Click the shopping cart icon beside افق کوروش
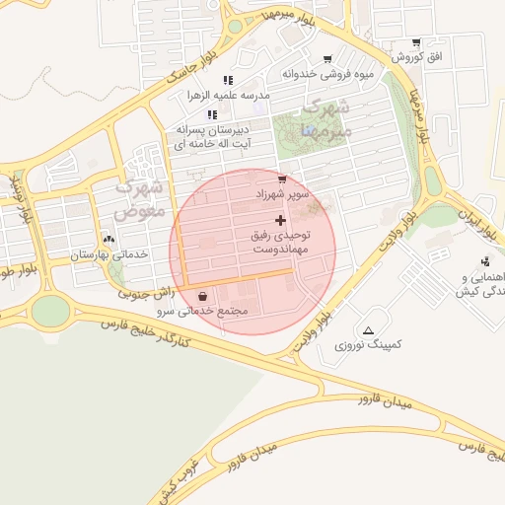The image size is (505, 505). pyautogui.click(x=415, y=43)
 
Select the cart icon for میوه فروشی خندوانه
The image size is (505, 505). pyautogui.click(x=327, y=59)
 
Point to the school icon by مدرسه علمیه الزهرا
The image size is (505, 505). pyautogui.click(x=227, y=80)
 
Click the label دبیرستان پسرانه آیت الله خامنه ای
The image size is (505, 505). pyautogui.click(x=213, y=136)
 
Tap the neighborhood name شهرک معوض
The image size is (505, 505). pyautogui.click(x=138, y=197)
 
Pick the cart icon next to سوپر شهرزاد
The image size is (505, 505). pyautogui.click(x=282, y=180)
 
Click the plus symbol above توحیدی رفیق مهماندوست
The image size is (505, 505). pyautogui.click(x=281, y=219)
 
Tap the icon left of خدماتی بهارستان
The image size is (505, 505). pyautogui.click(x=108, y=239)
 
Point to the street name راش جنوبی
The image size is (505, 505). pyautogui.click(x=148, y=292)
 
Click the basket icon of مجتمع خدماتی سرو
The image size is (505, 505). pyautogui.click(x=202, y=296)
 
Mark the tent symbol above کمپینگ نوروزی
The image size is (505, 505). pyautogui.click(x=369, y=330)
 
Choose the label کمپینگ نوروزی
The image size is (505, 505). pyautogui.click(x=368, y=346)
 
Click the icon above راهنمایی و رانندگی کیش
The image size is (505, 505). pyautogui.click(x=484, y=261)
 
